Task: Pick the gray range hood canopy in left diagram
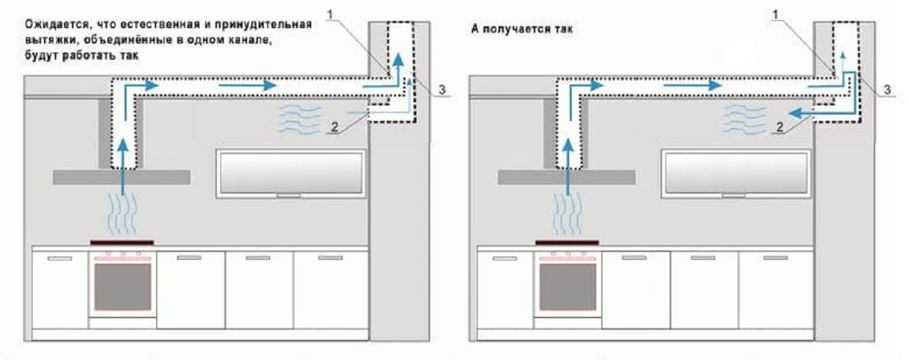[x=121, y=176]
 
